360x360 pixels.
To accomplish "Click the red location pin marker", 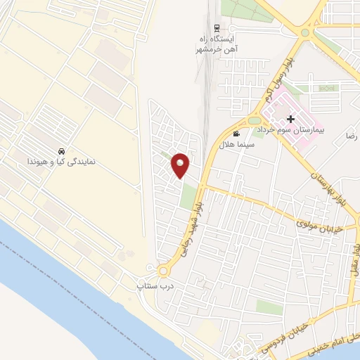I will pos(181,165).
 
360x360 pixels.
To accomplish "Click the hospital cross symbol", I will pos(290,120).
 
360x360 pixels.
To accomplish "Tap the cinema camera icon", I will pos(236,134).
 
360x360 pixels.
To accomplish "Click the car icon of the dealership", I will pos(61,151).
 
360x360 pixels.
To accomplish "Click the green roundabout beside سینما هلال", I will pos(255,120).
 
